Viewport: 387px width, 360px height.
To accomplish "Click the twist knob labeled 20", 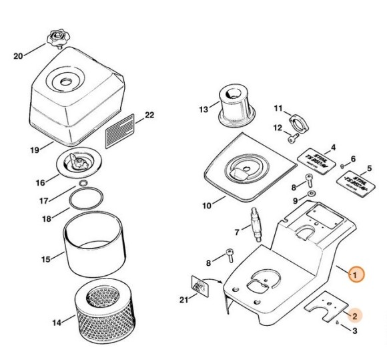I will click(57, 37).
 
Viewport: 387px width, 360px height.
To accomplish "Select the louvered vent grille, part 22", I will click(121, 127).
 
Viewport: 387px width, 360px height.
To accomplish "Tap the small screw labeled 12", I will click(292, 138).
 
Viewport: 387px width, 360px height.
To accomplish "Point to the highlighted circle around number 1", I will click(356, 275).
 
